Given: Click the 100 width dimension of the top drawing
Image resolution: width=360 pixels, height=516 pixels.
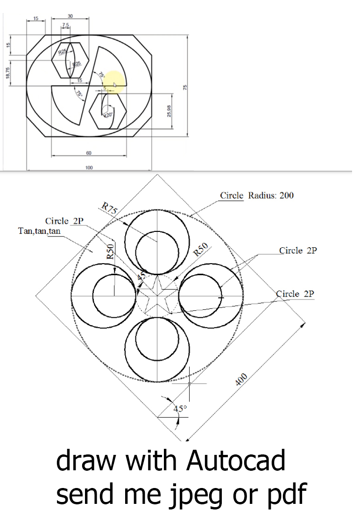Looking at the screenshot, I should pos(89,167).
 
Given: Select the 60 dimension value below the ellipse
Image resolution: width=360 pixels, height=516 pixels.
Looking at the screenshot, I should pos(89,153).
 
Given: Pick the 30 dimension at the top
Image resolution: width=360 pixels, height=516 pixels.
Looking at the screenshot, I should pos(70,16).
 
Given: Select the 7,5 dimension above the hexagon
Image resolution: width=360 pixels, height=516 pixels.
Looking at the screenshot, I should pos(65,24).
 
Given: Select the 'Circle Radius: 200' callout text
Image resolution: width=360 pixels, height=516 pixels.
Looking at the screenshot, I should pos(257,195).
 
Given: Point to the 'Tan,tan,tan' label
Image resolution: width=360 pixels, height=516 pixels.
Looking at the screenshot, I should pos(39,230).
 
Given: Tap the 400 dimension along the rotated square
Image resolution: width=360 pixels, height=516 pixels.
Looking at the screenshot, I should pos(241,379).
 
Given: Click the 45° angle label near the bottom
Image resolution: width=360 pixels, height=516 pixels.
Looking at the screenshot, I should pos(180,409).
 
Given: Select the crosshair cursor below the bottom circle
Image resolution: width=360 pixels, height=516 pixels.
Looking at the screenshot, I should pos(189,384).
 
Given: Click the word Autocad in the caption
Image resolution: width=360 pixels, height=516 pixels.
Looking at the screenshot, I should pos(235,461).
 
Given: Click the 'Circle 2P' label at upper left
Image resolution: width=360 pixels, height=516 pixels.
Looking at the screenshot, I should pos(64,221).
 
